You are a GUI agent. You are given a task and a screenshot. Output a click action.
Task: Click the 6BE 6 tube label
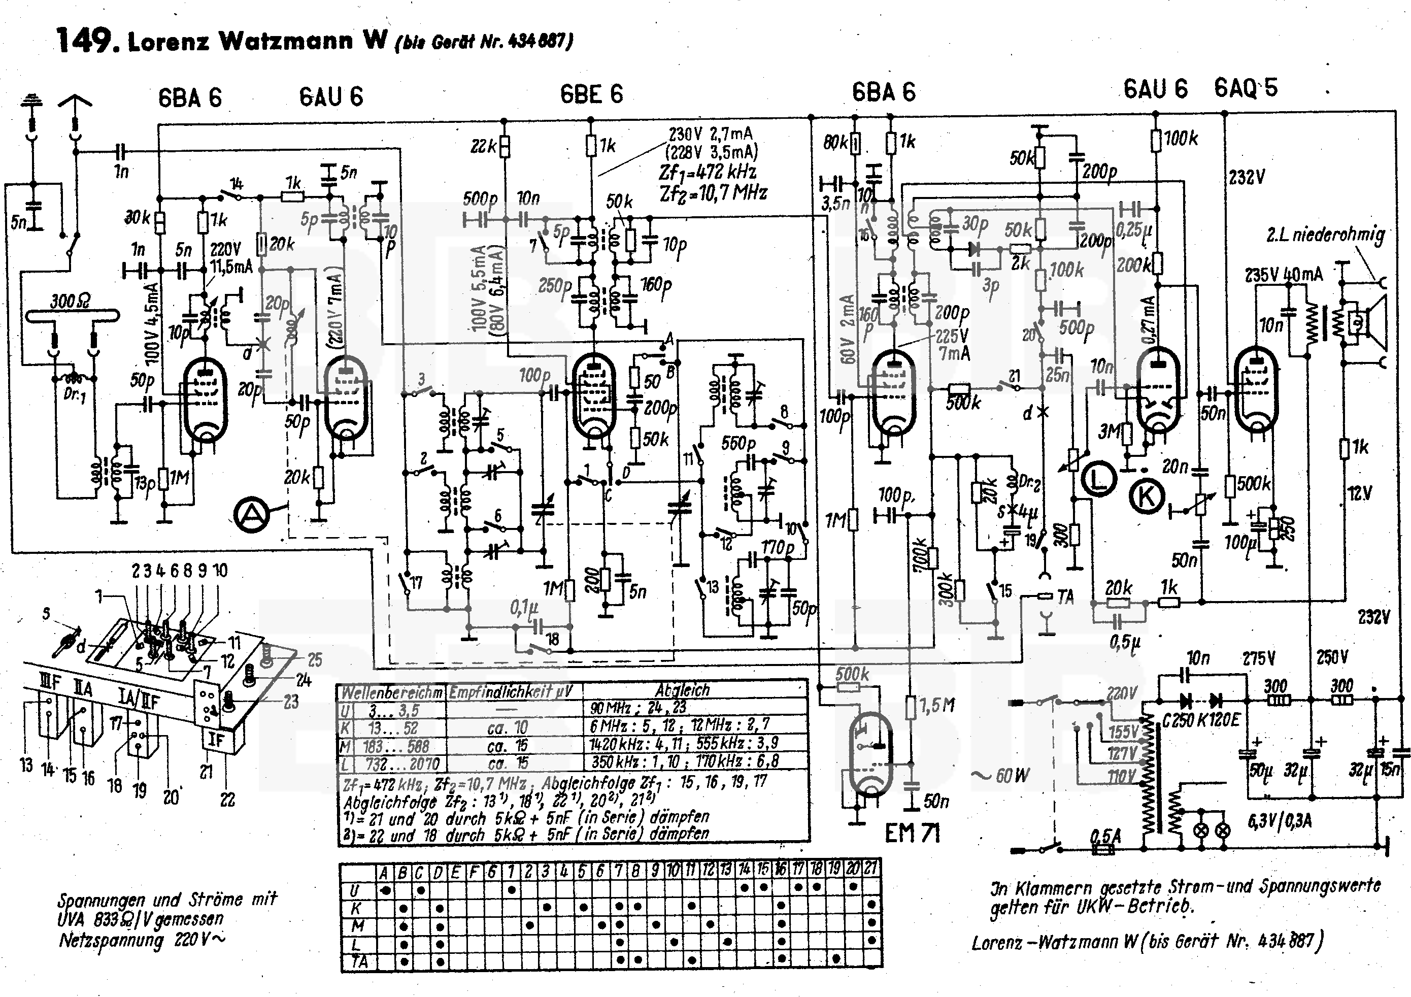click(591, 94)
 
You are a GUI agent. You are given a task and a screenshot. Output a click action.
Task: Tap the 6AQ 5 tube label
click(1246, 88)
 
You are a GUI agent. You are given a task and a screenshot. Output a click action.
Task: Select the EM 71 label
click(913, 834)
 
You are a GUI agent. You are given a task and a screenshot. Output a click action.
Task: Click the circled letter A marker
click(251, 514)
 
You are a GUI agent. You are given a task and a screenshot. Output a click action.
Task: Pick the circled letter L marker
click(1099, 479)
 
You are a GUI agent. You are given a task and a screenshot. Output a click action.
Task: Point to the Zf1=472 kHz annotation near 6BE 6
click(707, 173)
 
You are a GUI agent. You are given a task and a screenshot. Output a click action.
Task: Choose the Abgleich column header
click(682, 690)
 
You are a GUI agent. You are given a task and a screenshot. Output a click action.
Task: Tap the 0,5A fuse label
click(1105, 836)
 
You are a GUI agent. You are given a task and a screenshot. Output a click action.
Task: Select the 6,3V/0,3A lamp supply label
click(1280, 821)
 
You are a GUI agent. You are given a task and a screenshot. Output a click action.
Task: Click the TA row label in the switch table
click(359, 961)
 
